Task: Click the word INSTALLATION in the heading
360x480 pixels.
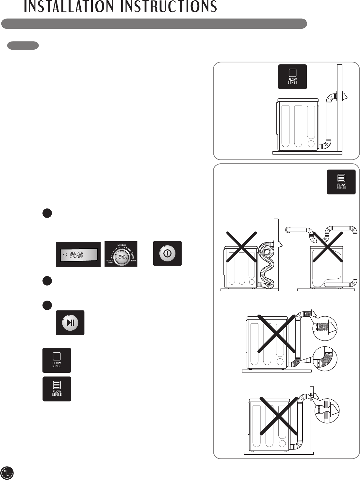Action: tap(68, 7)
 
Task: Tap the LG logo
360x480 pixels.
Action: tap(7, 472)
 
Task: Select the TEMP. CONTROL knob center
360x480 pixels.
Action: tap(122, 257)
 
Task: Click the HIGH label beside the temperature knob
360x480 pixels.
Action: tap(133, 260)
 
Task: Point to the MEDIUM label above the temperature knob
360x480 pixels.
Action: tap(122, 245)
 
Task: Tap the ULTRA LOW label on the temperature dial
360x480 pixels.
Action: tap(110, 261)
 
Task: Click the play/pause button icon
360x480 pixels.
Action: tap(70, 323)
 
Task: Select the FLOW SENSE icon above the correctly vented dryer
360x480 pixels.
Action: tap(292, 77)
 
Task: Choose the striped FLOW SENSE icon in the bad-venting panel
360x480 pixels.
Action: tap(341, 182)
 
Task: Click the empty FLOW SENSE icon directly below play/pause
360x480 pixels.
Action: tap(57, 360)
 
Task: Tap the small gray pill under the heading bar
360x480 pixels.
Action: tap(23, 45)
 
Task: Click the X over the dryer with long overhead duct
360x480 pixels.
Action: tap(328, 247)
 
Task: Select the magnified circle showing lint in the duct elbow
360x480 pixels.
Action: tap(325, 359)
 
